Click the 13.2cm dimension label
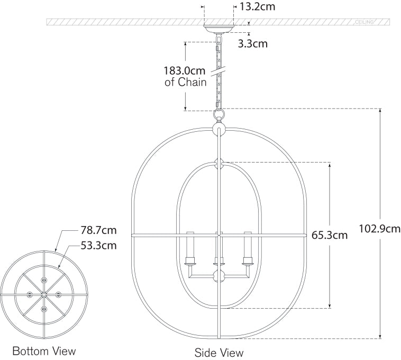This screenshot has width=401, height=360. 257,7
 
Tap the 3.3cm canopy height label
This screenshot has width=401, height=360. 253,43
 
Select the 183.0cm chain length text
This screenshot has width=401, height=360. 185,70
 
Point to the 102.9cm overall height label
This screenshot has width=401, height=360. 380,229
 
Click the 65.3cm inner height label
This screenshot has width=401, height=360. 330,235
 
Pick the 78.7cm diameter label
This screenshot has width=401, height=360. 99,230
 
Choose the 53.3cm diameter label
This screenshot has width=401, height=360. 99,245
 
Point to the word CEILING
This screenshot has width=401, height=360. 364,22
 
